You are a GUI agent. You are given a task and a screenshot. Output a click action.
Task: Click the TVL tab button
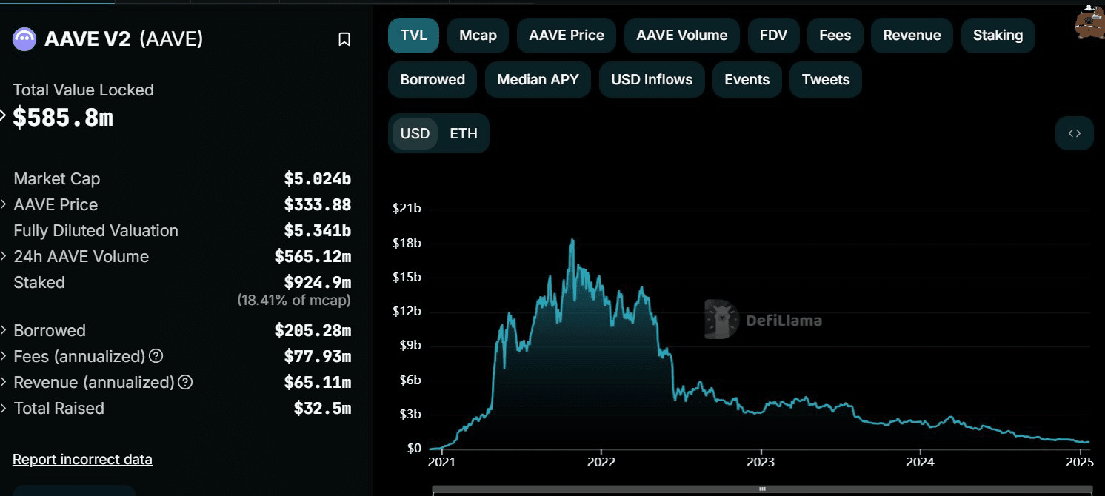413,36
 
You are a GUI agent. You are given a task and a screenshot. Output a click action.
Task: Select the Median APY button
538,80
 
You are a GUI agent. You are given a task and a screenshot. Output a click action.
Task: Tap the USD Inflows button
652,80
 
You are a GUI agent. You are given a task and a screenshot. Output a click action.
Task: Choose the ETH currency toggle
464,134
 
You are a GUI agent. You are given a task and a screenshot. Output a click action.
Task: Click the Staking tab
998,36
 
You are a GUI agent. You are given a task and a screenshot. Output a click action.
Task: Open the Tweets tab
826,80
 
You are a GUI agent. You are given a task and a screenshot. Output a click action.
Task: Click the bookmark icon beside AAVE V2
344,39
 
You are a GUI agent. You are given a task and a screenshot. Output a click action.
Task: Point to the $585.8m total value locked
63,117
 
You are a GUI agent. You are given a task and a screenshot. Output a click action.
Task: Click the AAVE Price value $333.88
317,205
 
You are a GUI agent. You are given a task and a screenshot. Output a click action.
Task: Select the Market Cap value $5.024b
317,179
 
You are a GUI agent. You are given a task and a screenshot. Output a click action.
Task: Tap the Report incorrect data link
82,459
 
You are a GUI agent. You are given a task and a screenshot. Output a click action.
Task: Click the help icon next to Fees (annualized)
156,356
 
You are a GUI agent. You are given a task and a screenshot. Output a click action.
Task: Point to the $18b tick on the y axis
407,243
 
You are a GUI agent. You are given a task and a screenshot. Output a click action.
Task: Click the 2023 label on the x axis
761,463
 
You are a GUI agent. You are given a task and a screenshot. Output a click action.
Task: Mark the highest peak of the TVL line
572,240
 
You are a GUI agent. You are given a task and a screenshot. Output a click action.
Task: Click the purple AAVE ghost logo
24,39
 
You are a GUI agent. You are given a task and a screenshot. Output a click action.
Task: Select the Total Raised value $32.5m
322,409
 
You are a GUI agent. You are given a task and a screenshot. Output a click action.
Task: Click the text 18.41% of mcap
294,301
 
